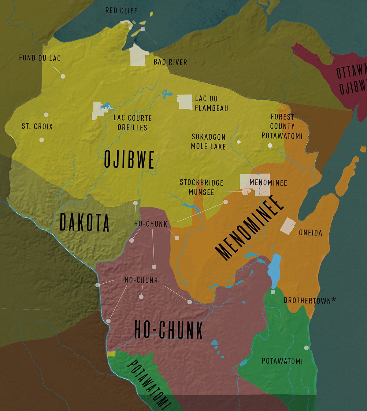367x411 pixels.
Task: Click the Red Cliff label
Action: pyautogui.click(x=121, y=11)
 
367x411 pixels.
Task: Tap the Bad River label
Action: pyautogui.click(x=170, y=62)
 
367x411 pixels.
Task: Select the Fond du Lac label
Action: pyautogui.click(x=40, y=58)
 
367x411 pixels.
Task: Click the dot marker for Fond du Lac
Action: pyautogui.click(x=63, y=76)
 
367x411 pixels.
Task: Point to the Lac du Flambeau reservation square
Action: pyautogui.click(x=185, y=102)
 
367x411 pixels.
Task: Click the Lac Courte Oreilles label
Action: pyautogui.click(x=132, y=123)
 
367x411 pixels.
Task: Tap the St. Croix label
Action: pyautogui.click(x=37, y=126)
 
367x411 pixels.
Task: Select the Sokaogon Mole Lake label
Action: pyautogui.click(x=208, y=142)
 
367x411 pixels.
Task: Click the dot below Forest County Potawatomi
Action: pyautogui.click(x=270, y=145)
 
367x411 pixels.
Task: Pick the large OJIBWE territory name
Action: pyautogui.click(x=129, y=159)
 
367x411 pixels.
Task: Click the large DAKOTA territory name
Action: pyautogui.click(x=84, y=222)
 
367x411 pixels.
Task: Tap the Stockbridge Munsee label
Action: pyautogui.click(x=201, y=187)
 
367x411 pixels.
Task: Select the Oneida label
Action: pyautogui.click(x=310, y=233)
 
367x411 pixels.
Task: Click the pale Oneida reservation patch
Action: pyautogui.click(x=288, y=226)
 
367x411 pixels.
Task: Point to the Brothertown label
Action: pyautogui.click(x=307, y=301)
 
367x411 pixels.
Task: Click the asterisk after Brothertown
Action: pyautogui.click(x=334, y=300)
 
